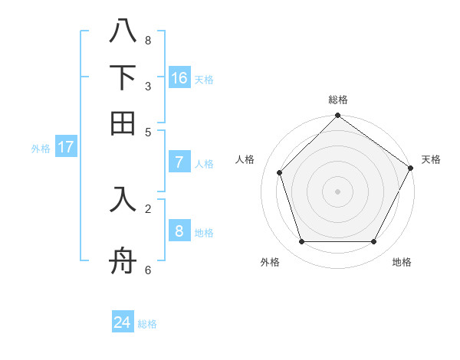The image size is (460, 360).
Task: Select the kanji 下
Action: click(123, 77)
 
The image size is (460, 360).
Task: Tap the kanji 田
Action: click(123, 123)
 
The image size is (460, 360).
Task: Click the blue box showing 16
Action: click(179, 78)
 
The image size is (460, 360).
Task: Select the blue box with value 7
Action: click(179, 162)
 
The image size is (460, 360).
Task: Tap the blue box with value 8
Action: click(179, 231)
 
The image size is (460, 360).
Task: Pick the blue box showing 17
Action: click(66, 147)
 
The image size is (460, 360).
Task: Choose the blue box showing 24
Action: click(123, 322)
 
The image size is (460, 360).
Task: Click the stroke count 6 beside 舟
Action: click(147, 270)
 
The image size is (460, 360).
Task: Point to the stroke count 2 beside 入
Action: click(147, 208)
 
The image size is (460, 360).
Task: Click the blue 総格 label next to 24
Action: click(147, 324)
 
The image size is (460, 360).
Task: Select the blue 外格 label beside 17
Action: click(41, 149)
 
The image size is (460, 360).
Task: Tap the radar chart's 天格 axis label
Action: click(431, 159)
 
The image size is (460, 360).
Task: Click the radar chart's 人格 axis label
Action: click(245, 159)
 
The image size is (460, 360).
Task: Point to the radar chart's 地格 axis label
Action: click(402, 262)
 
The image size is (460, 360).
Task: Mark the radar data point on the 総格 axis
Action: click(337, 116)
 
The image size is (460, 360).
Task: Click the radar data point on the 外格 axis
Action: click(302, 242)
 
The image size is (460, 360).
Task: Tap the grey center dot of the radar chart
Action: click(337, 191)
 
